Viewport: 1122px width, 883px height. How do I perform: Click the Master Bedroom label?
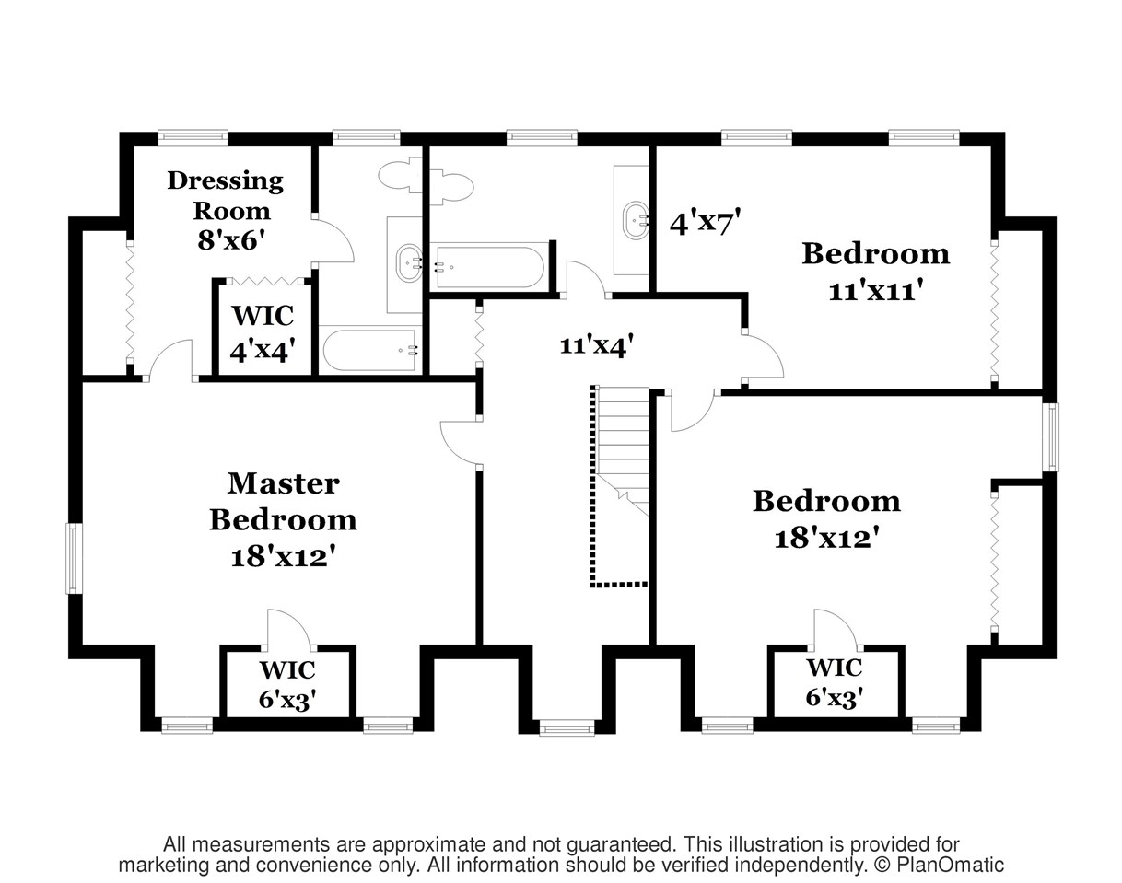pos(283,502)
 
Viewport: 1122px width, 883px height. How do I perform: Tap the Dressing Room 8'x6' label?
pos(226,210)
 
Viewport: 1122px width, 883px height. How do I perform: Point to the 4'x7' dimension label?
pos(705,223)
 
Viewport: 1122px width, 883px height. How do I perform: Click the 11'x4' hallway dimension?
pos(597,345)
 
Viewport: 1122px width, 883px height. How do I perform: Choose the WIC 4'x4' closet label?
pos(263,333)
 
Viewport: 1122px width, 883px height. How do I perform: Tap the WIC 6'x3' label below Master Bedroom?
pos(287,684)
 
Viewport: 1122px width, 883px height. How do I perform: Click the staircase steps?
pos(623,451)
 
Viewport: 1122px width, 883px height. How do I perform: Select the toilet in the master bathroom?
pos(401,177)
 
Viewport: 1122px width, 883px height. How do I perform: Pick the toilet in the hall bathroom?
pos(451,186)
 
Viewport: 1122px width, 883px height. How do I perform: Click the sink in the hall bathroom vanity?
pos(637,220)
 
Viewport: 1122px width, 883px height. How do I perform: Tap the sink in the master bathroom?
pos(410,263)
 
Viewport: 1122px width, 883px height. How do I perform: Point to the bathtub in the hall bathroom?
pos(489,267)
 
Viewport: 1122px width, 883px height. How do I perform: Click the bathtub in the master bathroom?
pos(370,350)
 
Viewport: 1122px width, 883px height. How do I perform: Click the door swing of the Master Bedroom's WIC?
pos(290,629)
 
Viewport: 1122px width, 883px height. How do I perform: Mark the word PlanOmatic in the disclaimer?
pos(950,865)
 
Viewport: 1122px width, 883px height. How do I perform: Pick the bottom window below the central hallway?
pos(567,727)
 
